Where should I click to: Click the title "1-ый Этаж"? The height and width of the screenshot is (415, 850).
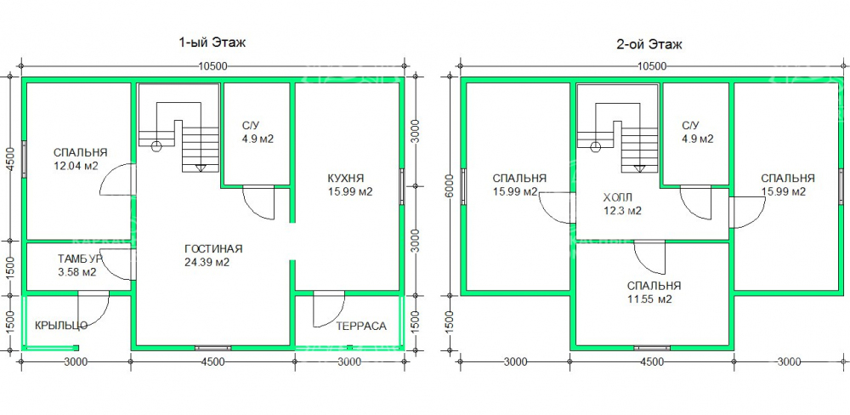pos(212,43)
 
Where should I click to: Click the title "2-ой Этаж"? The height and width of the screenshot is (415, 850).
pos(649,44)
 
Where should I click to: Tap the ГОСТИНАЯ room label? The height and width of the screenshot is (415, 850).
pos(213,249)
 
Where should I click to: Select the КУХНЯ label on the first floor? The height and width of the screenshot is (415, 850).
pos(346,178)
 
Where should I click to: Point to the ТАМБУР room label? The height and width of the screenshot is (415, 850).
pos(79,259)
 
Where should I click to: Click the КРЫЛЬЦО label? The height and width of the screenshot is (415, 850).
pos(61,326)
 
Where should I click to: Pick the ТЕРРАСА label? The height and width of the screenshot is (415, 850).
pos(361,326)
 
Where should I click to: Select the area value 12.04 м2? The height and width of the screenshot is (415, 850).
pos(76,166)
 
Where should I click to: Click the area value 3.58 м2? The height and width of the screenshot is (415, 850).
pos(77,272)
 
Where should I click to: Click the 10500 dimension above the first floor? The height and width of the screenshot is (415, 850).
pos(212,66)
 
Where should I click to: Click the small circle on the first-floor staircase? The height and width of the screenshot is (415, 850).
pos(156,146)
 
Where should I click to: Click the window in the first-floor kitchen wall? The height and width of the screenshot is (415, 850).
pos(402,187)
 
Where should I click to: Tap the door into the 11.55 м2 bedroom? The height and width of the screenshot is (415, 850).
pos(650,257)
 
